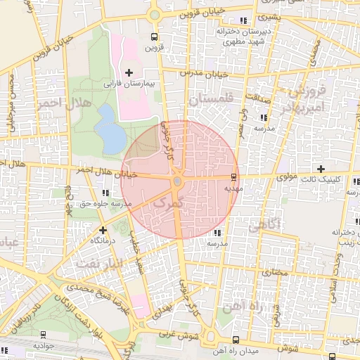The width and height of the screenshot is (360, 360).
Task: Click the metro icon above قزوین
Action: [x=154, y=37]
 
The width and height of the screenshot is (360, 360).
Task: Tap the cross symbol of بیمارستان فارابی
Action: [x=129, y=72]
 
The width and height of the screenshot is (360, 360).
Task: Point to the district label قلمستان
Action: [x=210, y=102]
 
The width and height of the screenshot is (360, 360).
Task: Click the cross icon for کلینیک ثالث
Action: [x=321, y=169]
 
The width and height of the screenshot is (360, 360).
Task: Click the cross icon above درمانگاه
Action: [x=103, y=230]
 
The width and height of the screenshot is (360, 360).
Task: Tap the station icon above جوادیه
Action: [x=44, y=335]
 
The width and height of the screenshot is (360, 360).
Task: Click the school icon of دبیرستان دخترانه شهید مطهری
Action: [x=243, y=20]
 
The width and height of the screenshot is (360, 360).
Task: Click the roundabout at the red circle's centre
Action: [x=177, y=182]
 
